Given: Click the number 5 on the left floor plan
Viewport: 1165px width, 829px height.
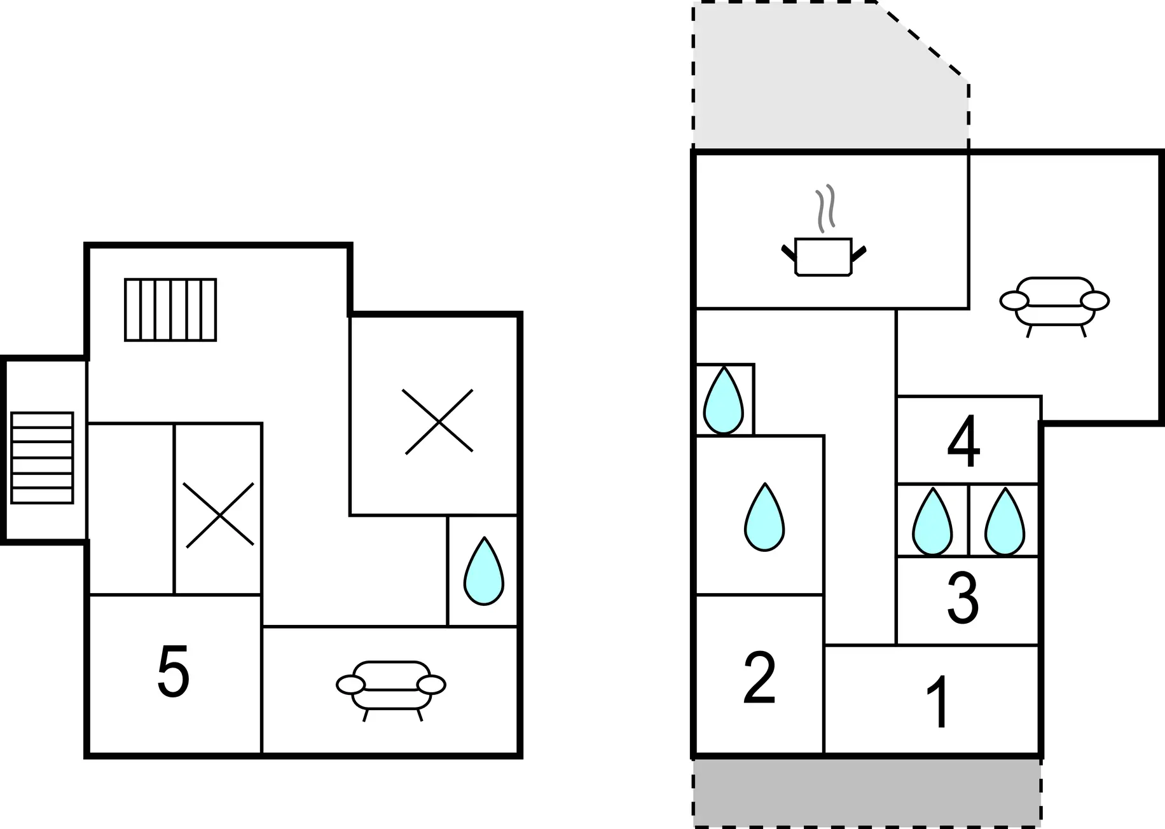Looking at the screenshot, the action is (x=173, y=671).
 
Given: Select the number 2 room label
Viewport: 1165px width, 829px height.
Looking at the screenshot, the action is (x=759, y=678).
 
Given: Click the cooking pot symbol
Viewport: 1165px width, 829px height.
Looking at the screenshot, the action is (x=824, y=256).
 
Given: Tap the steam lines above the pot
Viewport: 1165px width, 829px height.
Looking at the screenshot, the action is (x=825, y=209).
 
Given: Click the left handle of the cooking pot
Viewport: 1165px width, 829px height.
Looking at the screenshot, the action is (x=789, y=252).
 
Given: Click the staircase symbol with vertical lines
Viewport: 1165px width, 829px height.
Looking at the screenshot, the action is (x=170, y=310).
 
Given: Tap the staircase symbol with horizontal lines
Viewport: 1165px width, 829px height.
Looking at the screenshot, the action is (x=42, y=458).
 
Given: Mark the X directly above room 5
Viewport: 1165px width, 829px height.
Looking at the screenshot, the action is (x=219, y=514).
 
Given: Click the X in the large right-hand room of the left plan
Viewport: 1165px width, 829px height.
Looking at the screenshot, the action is (x=438, y=421).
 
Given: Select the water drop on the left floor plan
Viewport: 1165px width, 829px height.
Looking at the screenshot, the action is (x=484, y=571).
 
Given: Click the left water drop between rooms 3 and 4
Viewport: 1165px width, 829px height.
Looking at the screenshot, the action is (x=932, y=522).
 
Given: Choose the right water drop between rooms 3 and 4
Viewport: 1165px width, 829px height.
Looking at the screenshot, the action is (x=1005, y=522).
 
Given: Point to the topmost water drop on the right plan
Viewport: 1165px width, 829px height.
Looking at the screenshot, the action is (x=723, y=400).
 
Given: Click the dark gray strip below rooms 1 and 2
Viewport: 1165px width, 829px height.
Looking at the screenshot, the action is (x=867, y=792).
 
